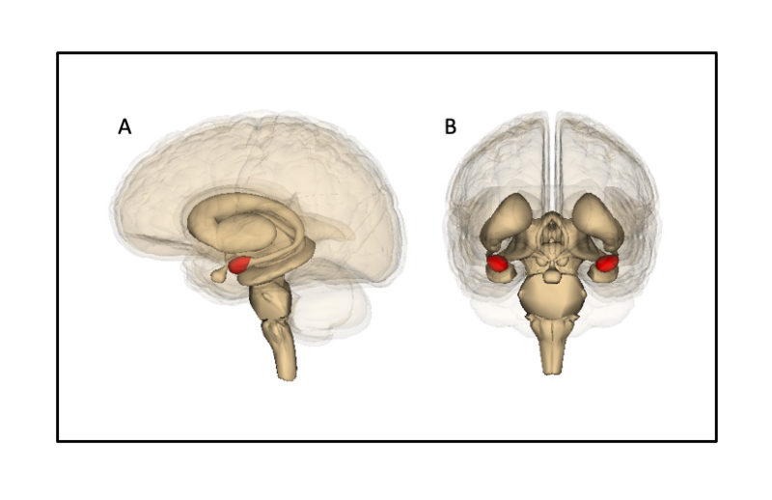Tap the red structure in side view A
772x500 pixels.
[x=239, y=263]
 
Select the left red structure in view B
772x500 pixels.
[x=498, y=263]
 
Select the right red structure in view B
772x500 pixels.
[x=606, y=263]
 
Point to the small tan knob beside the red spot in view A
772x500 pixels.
[x=219, y=275]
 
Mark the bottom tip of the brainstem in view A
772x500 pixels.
[x=288, y=375]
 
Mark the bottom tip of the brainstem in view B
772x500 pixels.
[x=552, y=370]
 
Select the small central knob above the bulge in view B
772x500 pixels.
[x=552, y=276]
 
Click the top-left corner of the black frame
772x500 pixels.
[x=58, y=53]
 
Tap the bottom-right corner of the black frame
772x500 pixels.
[x=716, y=441]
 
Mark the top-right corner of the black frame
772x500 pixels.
[x=716, y=53]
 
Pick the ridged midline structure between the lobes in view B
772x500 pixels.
[x=552, y=232]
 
